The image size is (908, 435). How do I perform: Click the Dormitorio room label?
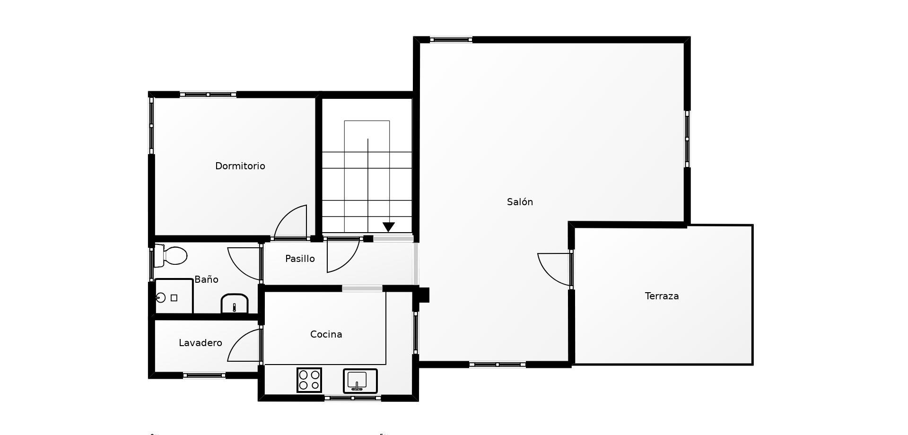coord(240,166)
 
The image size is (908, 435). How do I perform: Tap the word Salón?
coord(520,202)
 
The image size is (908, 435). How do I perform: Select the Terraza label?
coord(662,296)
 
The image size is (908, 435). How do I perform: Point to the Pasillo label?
coord(300,259)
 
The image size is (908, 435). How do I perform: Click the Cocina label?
coord(326,334)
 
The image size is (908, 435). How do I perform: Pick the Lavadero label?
coord(201,343)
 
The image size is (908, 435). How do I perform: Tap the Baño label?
coord(206,279)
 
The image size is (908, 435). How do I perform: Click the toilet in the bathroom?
coord(171,256)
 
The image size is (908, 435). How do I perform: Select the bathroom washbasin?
coord(235,304)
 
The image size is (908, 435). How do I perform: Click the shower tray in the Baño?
coord(174,296)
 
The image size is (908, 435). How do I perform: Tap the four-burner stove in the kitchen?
coord(309,380)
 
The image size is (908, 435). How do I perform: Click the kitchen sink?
coord(360,381)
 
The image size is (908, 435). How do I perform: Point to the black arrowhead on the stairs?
coord(389,227)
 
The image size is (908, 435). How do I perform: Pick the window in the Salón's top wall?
coord(451,40)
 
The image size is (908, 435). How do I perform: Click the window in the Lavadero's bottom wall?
coord(204,375)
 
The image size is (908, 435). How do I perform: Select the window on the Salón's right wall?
coord(687,139)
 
